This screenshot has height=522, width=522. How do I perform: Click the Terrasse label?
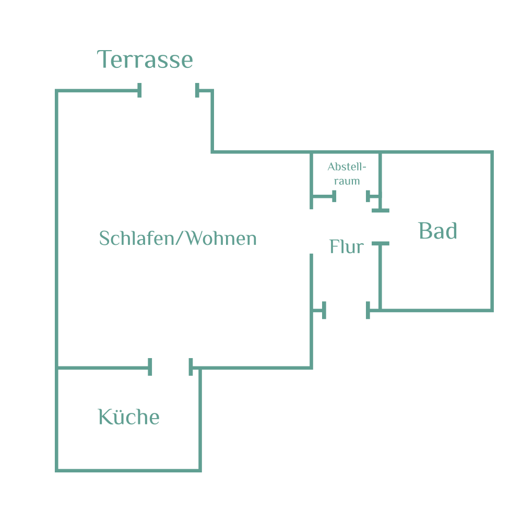tap(145, 60)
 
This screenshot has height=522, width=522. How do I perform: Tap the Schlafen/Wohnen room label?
tap(178, 239)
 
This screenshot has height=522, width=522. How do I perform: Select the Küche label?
tap(129, 417)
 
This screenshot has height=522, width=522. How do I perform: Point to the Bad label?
tap(437, 231)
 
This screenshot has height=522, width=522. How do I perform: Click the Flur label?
tap(346, 247)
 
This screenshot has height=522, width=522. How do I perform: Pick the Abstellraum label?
tap(347, 174)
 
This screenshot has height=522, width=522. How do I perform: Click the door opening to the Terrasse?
tap(168, 91)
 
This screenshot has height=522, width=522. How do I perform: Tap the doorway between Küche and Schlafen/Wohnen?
tap(170, 367)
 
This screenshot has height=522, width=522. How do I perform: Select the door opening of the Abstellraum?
tap(351, 197)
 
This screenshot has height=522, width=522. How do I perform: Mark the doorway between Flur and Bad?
tap(380, 227)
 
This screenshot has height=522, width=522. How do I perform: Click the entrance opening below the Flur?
tap(347, 311)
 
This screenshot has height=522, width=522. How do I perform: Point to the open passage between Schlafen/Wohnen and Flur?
tap(312, 231)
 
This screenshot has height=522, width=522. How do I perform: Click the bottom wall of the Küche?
tap(128, 470)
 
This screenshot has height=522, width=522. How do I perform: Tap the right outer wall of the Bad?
tap(492, 231)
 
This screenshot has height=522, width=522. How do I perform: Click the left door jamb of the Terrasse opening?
tap(139, 91)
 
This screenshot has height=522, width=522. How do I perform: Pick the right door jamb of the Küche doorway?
tap(191, 367)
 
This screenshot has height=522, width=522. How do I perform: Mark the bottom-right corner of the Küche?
tap(200, 470)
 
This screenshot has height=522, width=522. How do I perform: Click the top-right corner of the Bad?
tap(492, 152)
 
